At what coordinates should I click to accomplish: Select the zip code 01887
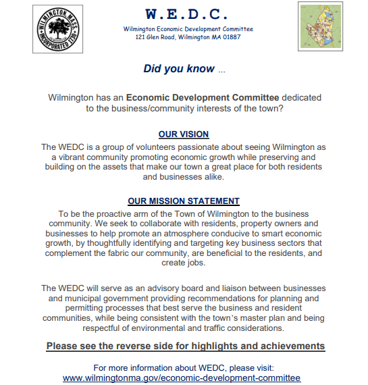[228, 37]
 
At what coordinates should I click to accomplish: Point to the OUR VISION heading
[184, 134]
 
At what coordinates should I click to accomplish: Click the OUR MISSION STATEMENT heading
[184, 201]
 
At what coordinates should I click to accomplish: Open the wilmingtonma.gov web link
[182, 378]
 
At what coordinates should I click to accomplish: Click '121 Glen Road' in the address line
[157, 37]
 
